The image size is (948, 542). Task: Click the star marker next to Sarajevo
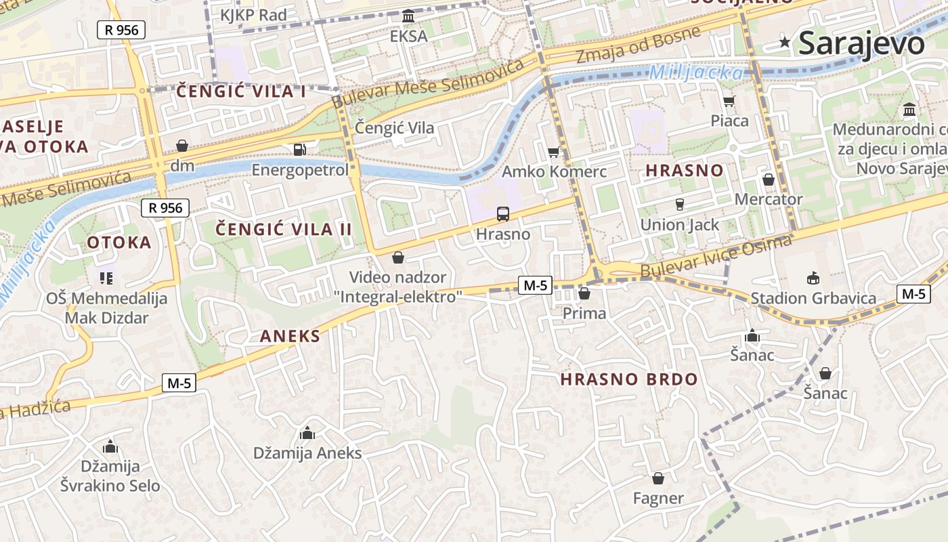785,43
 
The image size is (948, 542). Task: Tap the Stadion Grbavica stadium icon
813,278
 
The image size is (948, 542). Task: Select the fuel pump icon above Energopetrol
299,149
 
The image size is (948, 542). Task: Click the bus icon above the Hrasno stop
502,214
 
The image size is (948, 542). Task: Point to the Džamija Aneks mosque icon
307,432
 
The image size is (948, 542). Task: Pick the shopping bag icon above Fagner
658,478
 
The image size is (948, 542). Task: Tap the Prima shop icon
584,293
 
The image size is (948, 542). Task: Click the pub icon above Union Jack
681,204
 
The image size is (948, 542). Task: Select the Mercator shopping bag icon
768,180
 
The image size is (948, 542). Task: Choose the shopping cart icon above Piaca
729,101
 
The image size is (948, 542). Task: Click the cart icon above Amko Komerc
553,152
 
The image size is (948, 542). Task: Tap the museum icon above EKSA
408,16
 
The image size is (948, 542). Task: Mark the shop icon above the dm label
181,146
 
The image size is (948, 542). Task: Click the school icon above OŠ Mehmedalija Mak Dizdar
106,278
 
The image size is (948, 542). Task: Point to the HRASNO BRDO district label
629,379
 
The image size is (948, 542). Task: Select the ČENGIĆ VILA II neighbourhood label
284,229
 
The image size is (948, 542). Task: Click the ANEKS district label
290,336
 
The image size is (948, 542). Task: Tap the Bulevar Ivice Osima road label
715,257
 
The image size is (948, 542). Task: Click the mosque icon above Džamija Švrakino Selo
110,446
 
